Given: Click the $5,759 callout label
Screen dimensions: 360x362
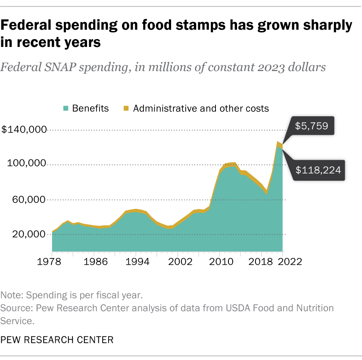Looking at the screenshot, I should point(312,126).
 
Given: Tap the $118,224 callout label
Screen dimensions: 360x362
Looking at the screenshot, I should point(318,170).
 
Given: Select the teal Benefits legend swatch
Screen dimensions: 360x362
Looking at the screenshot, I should point(66,109).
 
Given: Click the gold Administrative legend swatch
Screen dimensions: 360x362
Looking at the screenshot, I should point(126,109).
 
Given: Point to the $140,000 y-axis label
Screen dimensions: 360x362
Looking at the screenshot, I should point(24,130).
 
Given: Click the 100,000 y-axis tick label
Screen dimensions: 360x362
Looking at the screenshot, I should point(27,164).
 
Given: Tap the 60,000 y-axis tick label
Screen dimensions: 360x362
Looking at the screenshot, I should point(29,199).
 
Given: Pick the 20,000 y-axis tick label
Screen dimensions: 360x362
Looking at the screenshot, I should point(29,234).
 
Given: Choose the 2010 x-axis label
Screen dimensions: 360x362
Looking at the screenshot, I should point(220,261).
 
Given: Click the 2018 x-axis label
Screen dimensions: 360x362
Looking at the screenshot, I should point(261,261).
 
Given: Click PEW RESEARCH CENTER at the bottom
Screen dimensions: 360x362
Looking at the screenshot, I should point(57,340).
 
